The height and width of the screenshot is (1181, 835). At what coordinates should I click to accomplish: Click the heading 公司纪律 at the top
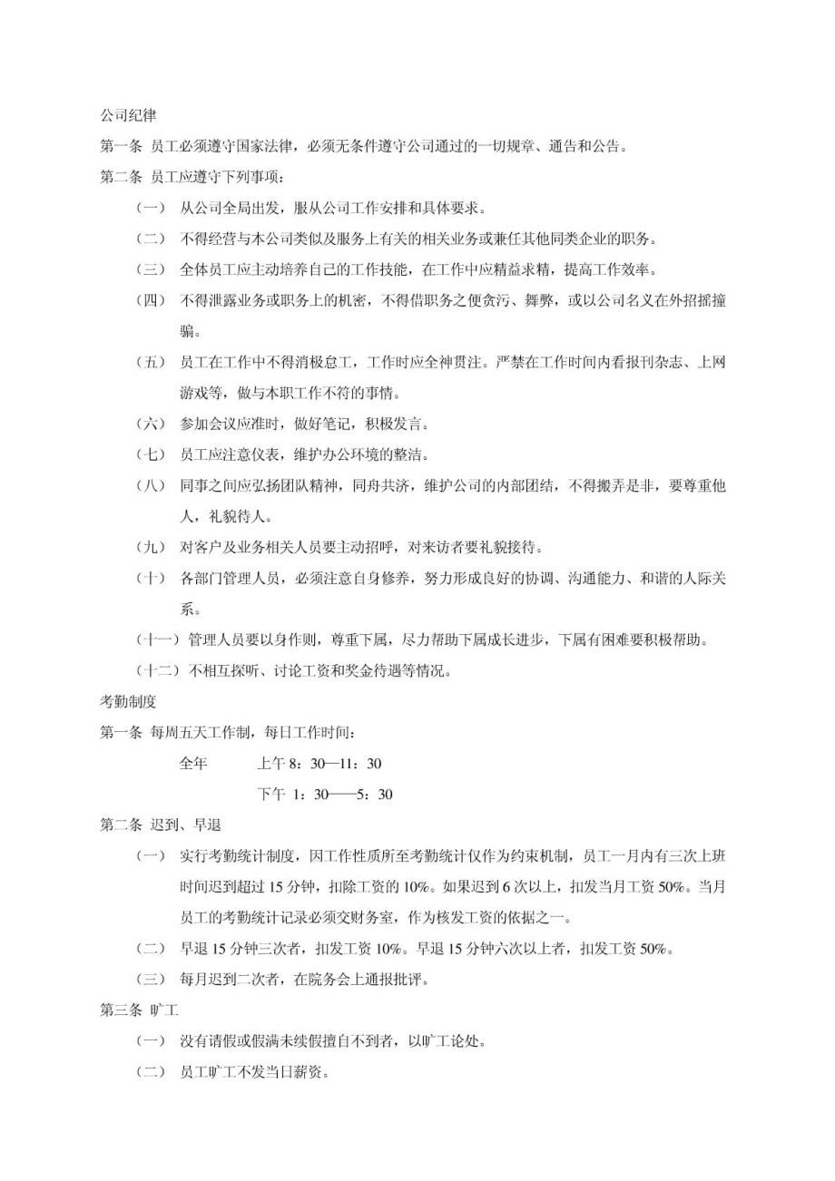pyautogui.click(x=128, y=116)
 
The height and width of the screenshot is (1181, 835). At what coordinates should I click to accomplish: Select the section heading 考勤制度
pyautogui.click(x=128, y=701)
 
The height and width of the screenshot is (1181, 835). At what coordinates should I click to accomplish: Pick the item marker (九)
pyautogui.click(x=151, y=548)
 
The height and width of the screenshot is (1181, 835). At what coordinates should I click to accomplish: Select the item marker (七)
pyautogui.click(x=151, y=454)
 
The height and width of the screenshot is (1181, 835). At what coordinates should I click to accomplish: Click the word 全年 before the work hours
pyautogui.click(x=193, y=764)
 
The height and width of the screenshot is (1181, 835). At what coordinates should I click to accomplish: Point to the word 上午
pyautogui.click(x=271, y=764)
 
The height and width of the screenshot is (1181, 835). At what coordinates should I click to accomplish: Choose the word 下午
pyautogui.click(x=271, y=795)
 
